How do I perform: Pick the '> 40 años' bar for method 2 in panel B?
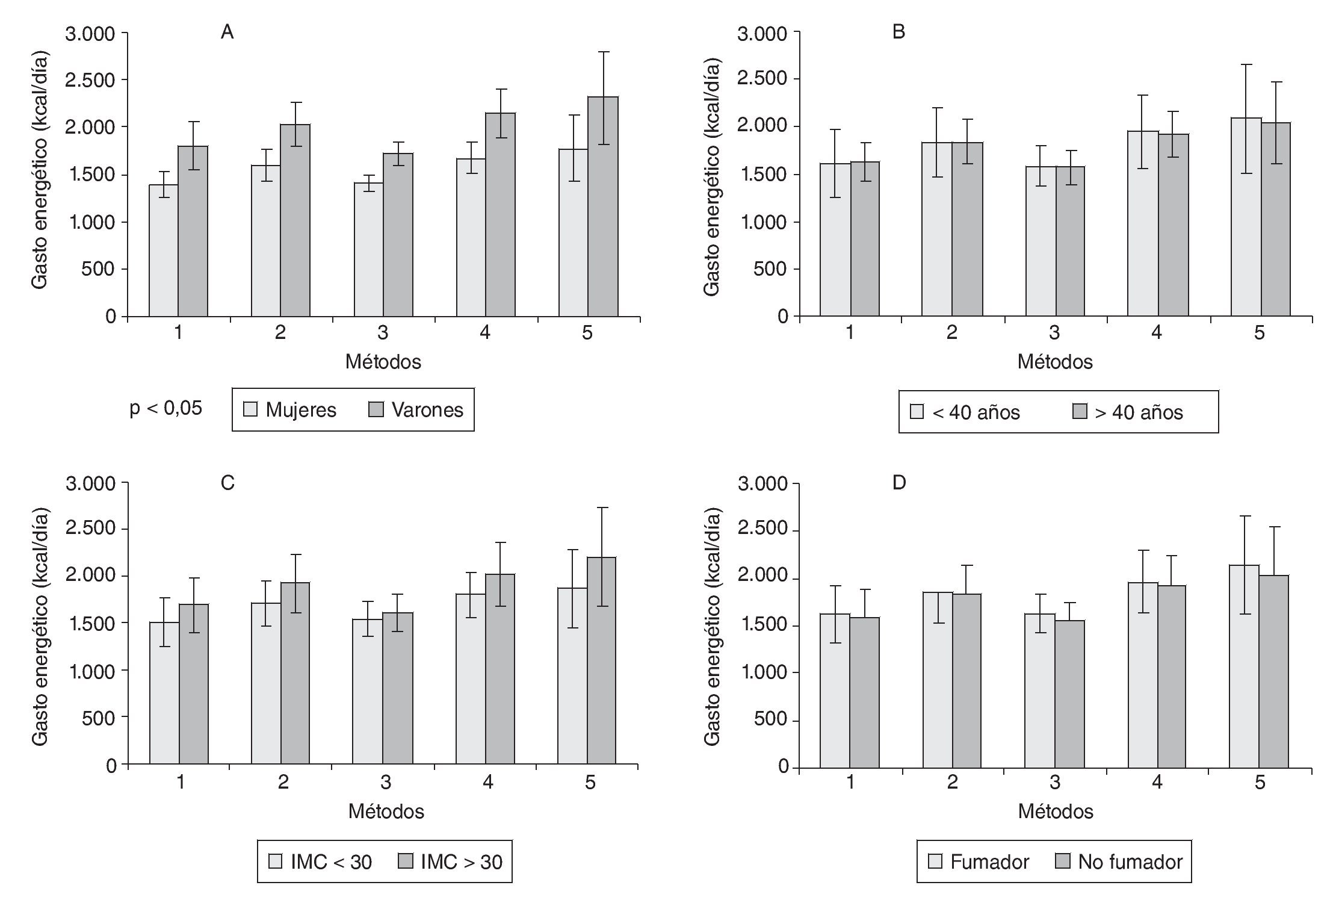967,229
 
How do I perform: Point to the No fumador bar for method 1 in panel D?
865,692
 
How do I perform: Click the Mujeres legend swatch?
250,409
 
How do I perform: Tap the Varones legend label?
427,410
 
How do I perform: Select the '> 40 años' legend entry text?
1139,412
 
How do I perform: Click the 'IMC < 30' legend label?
331,862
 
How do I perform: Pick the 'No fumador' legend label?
1130,862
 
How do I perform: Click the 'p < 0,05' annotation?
166,408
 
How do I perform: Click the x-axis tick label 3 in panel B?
1054,333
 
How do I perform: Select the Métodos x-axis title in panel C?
386,812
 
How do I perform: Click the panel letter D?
899,483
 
